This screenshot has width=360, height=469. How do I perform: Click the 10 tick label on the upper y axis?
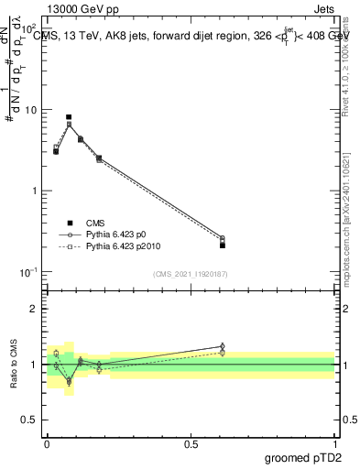tap(31, 110)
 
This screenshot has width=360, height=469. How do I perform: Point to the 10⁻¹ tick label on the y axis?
tap(28, 272)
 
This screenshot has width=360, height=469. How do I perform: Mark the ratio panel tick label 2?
tap(36, 310)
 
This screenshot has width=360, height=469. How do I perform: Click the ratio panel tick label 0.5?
tap(31, 420)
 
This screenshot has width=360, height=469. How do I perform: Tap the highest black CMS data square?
tap(69, 117)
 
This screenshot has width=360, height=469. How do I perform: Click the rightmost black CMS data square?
tap(223, 245)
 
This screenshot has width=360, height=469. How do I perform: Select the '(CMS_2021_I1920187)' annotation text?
tap(191, 274)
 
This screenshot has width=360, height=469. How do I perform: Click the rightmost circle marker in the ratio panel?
tap(223, 347)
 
